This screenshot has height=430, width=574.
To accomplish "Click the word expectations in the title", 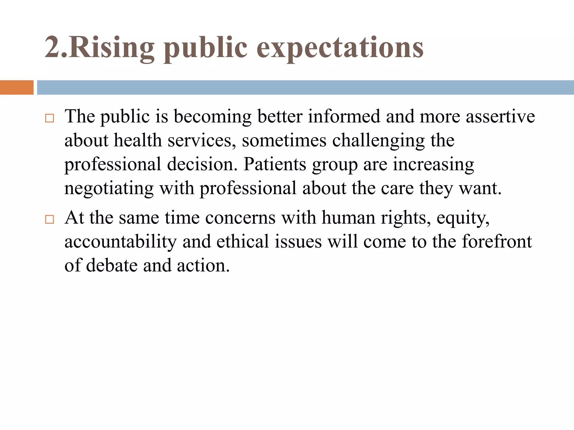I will (x=340, y=48).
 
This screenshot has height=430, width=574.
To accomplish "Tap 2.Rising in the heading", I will (x=99, y=48).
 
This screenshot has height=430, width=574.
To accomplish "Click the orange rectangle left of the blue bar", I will (x=17, y=87).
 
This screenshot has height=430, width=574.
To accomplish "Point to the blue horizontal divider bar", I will (x=305, y=87).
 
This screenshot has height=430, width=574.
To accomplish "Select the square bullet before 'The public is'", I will (x=49, y=118).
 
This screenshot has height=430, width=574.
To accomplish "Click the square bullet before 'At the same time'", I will (x=49, y=219).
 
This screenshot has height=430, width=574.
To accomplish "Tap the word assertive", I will (x=500, y=116).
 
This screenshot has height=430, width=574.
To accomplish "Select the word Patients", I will (x=275, y=164).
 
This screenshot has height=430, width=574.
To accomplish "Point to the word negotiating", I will (x=109, y=188).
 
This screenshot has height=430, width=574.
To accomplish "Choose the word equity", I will (x=463, y=218).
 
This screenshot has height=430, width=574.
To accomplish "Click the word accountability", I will (x=121, y=242).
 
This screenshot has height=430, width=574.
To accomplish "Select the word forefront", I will (x=497, y=241).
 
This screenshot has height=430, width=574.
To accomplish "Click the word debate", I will (x=112, y=265).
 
